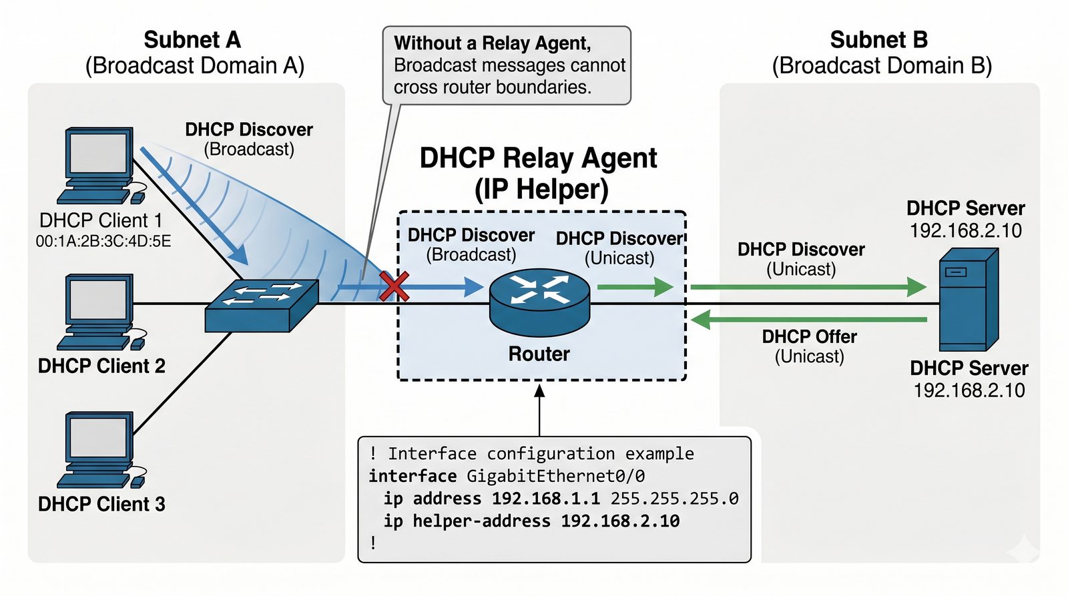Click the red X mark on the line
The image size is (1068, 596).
tap(394, 286)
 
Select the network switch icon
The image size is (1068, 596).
tap(261, 306)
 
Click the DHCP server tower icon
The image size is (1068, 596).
tap(968, 300)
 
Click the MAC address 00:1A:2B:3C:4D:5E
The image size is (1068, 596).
tap(103, 242)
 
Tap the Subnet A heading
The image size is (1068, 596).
tap(192, 40)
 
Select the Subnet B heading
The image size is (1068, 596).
tap(878, 40)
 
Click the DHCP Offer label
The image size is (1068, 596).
tap(809, 337)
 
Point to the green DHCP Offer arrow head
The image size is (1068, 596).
tap(700, 320)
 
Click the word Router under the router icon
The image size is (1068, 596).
tap(539, 354)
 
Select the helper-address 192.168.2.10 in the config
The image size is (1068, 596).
tap(620, 521)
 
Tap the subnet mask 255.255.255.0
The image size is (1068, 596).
tap(674, 499)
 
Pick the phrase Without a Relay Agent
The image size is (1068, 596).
tap(492, 43)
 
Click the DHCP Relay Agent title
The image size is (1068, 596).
tap(538, 159)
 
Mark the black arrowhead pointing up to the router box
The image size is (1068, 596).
tap(539, 390)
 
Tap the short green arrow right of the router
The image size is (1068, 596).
tap(635, 287)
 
